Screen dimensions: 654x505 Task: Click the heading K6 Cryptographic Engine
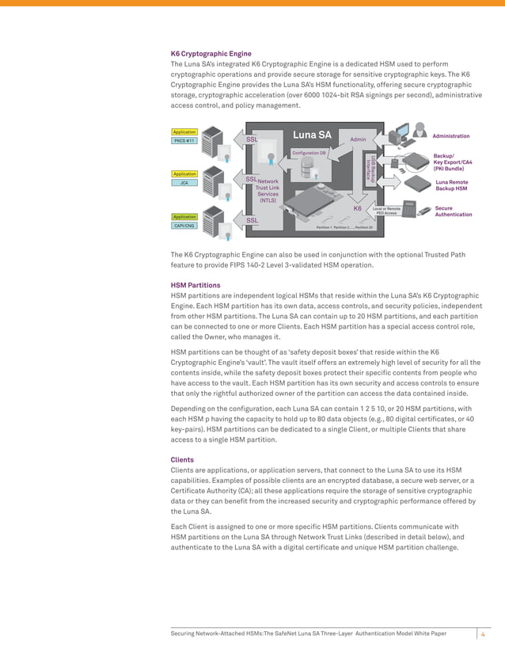click(211, 54)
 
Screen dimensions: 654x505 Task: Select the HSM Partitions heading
click(196, 285)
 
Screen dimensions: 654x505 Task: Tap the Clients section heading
click(184, 459)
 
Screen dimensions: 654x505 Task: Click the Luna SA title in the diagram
click(312, 135)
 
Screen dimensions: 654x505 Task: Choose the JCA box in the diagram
click(184, 182)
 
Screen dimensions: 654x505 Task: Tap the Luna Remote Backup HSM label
click(452, 185)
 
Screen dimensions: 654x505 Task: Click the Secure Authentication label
click(454, 211)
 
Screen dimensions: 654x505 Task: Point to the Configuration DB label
click(309, 152)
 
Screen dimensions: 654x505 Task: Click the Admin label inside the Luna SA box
click(358, 139)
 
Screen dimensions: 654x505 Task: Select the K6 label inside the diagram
click(358, 208)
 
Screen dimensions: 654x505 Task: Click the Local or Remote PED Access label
click(386, 211)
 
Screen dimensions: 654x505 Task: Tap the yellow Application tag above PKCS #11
click(184, 131)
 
